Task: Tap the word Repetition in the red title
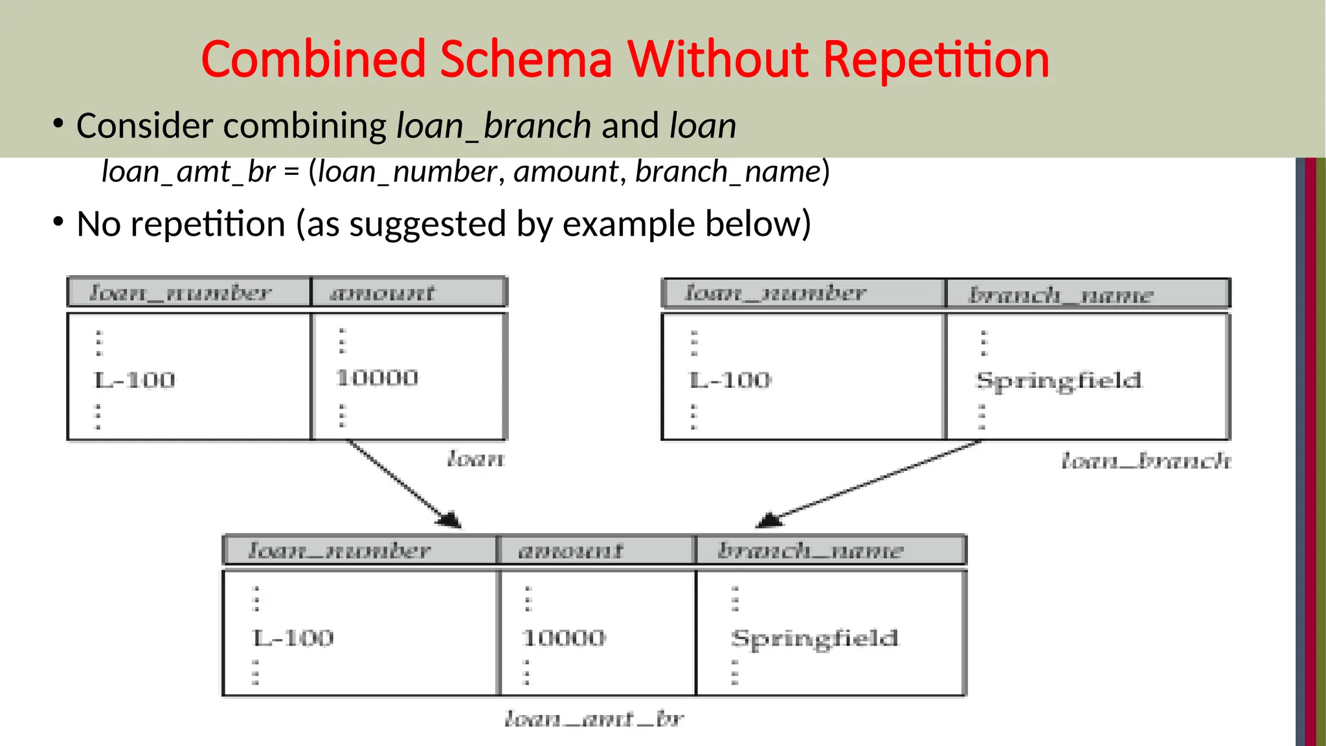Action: tap(936, 60)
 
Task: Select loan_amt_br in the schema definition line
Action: tap(188, 172)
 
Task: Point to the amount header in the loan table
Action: tap(382, 293)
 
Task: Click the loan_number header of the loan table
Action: tap(180, 293)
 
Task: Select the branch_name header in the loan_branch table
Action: tap(1061, 295)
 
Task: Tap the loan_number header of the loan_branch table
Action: tap(776, 293)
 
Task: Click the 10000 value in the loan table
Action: tap(377, 378)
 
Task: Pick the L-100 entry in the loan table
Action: tap(135, 379)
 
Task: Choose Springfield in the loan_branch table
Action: tap(1059, 381)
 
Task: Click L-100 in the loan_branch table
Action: tap(730, 379)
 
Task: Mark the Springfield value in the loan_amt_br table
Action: tap(815, 639)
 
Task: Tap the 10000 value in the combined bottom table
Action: tap(564, 639)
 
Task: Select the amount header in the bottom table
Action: tap(570, 551)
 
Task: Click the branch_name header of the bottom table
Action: tap(810, 551)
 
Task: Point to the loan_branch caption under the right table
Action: tap(1146, 461)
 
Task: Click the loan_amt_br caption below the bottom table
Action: tap(594, 719)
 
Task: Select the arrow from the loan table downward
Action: tap(404, 483)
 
